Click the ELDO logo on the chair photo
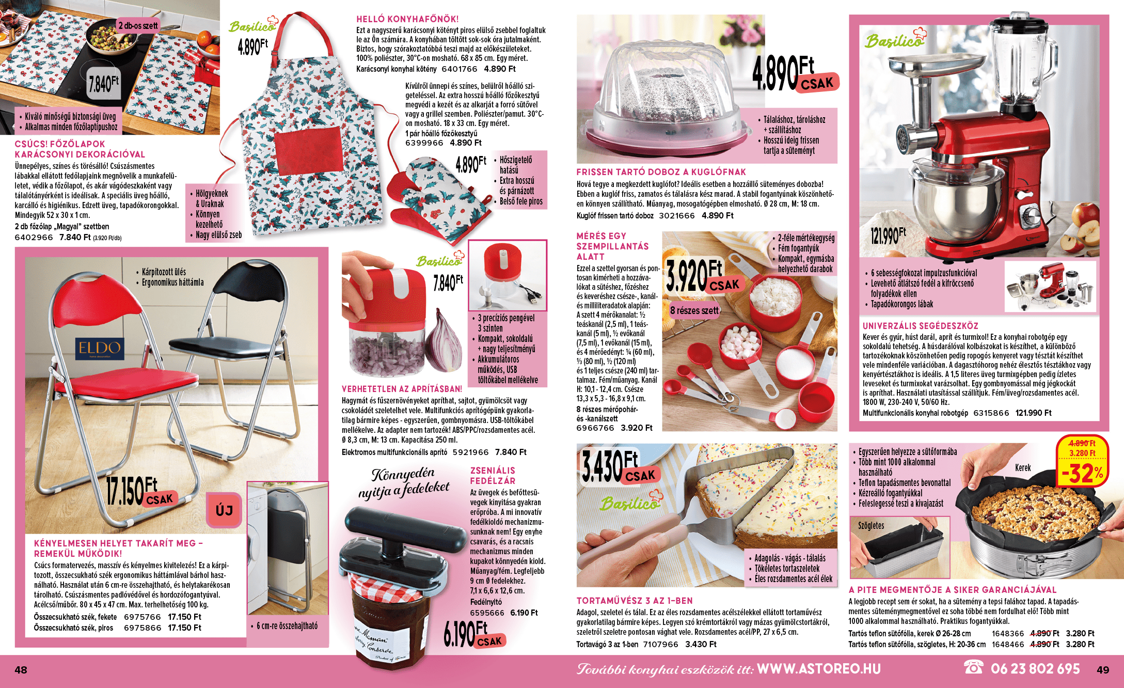coord(100,349)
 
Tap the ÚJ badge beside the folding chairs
coord(224,510)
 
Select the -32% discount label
coord(1083,473)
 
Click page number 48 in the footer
coord(21,670)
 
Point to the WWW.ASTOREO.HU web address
coord(818,669)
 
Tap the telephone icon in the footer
coord(973,668)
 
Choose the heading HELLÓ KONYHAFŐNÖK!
coord(407,19)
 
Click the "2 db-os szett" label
coord(138,25)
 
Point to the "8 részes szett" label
coord(694,310)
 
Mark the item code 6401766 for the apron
coord(460,69)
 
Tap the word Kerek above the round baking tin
coord(1023,467)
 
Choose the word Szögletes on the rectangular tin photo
coord(871,525)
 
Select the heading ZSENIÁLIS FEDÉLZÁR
coord(493,476)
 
